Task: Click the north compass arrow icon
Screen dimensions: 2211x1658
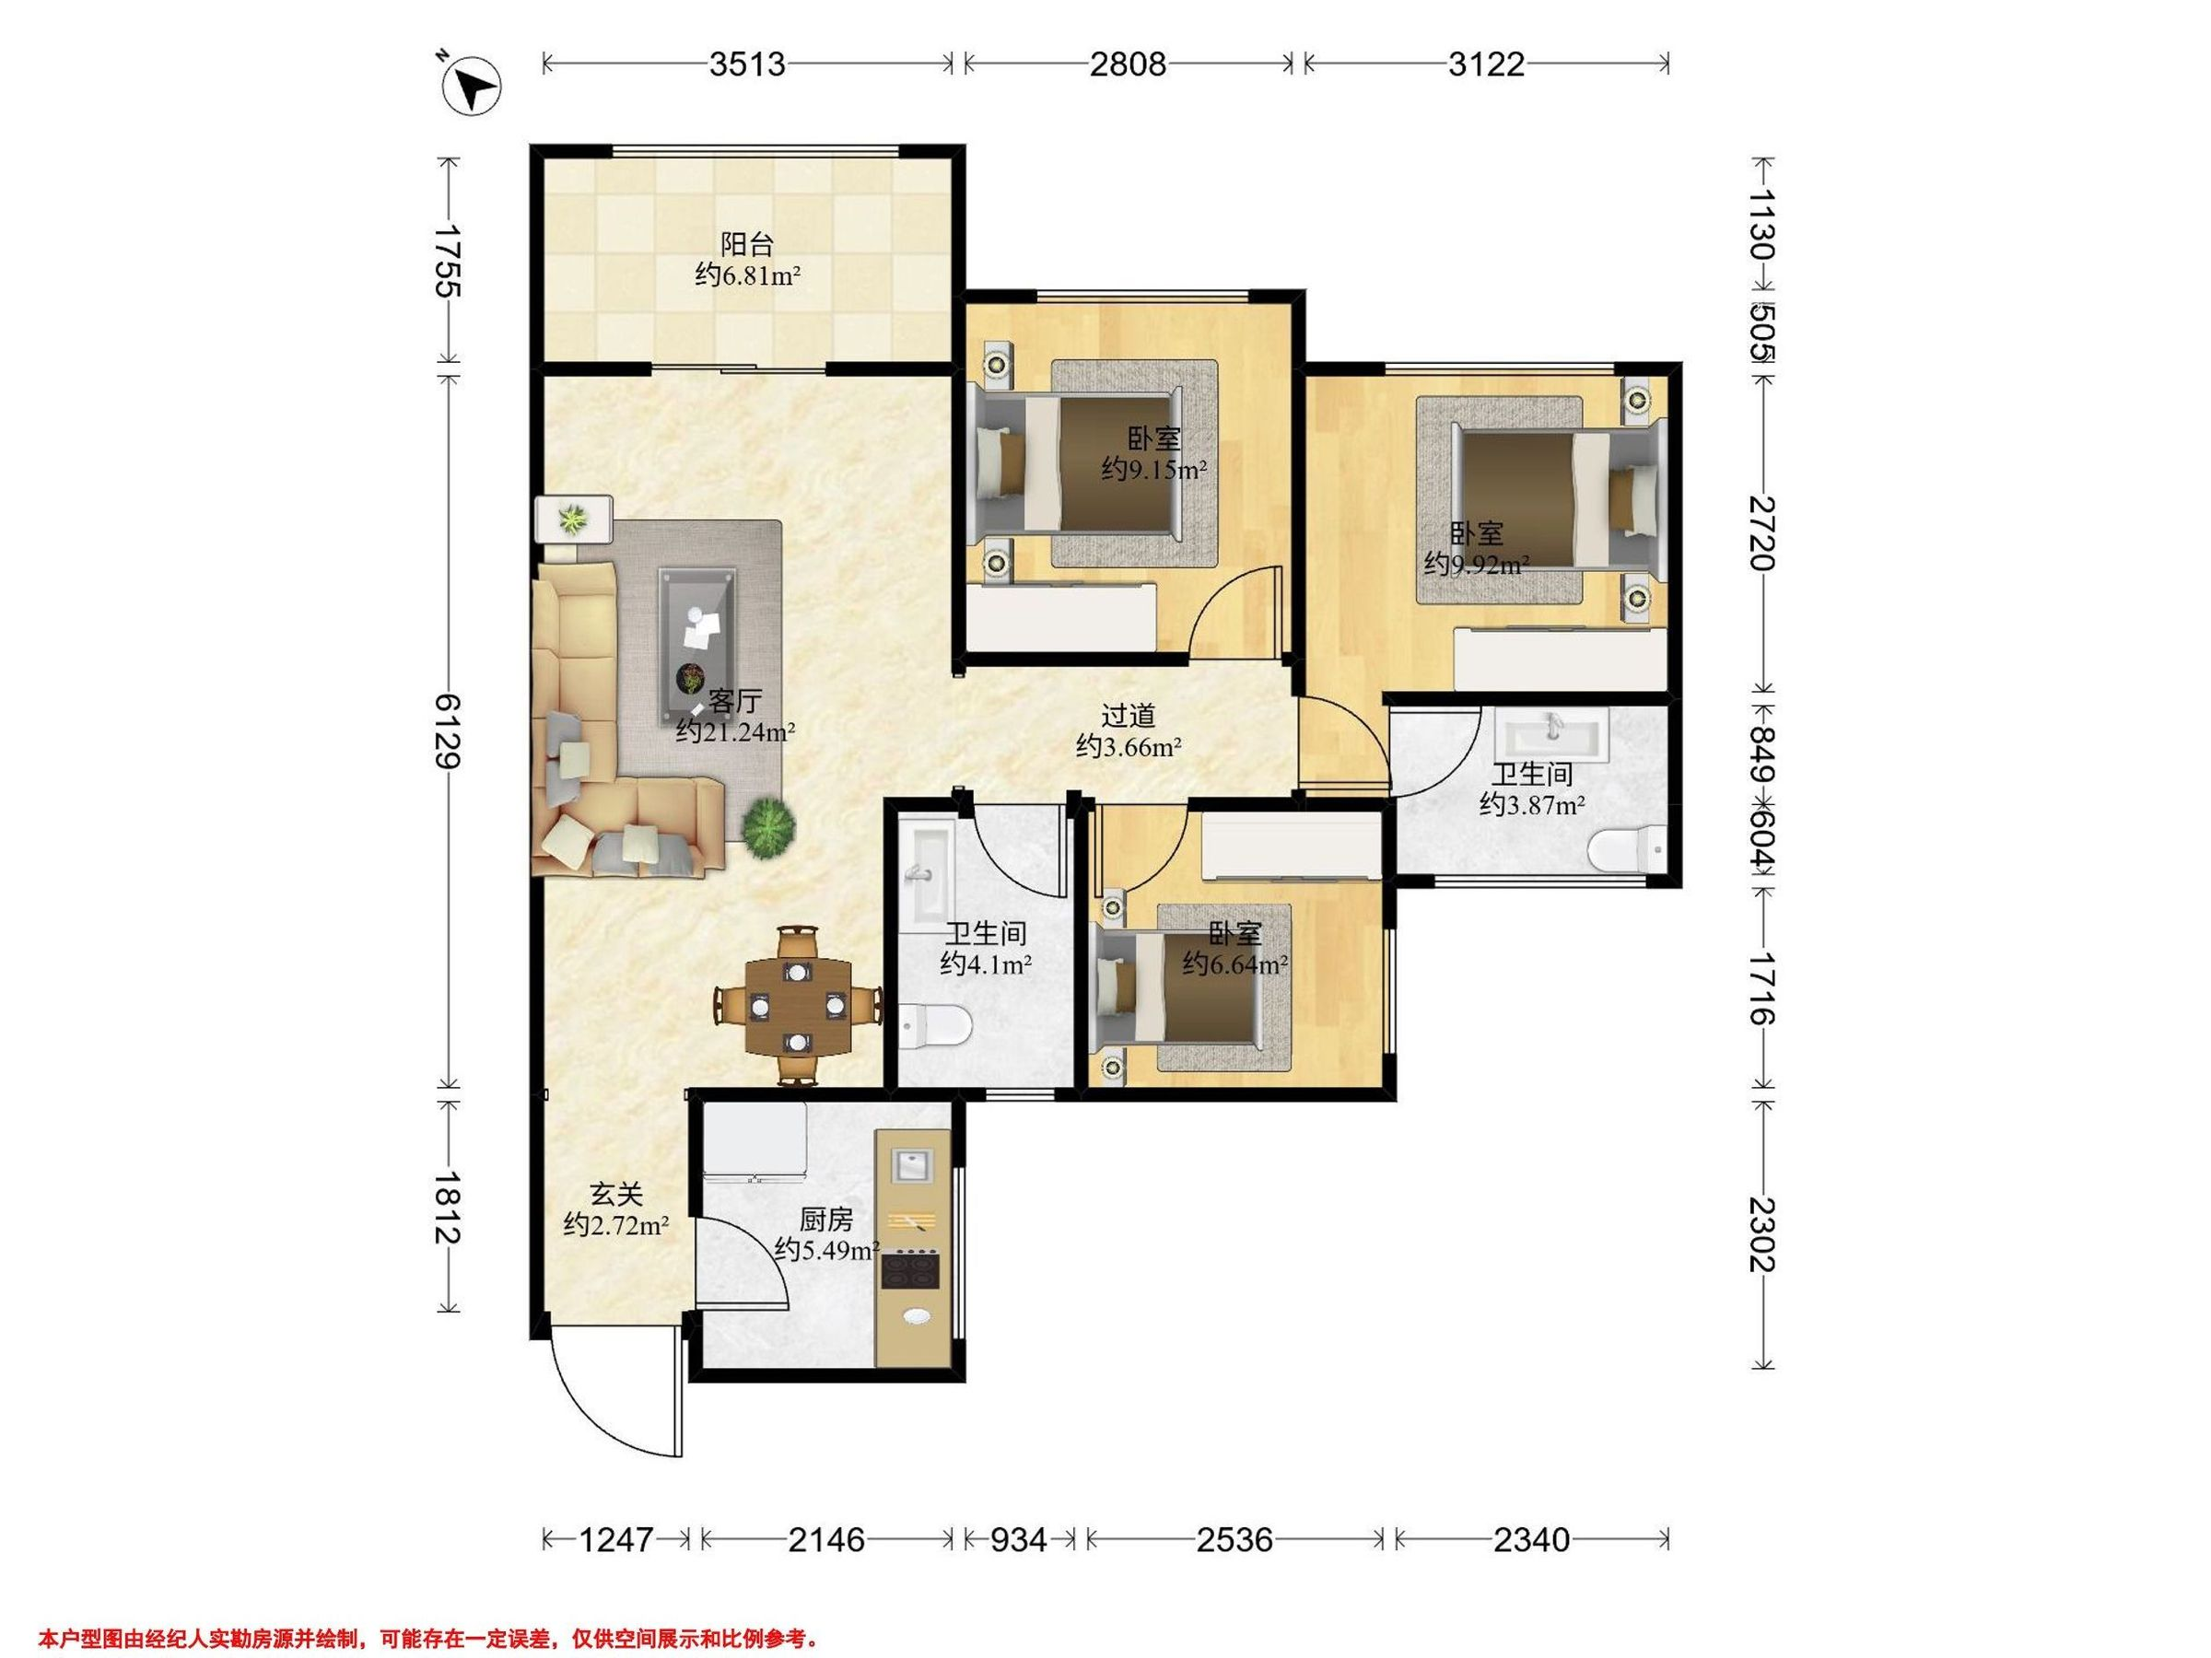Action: point(472,85)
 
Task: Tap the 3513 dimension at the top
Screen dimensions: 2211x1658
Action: point(748,64)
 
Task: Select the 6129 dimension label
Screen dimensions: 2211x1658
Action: point(449,731)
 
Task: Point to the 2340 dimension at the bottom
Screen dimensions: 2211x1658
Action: point(1531,1540)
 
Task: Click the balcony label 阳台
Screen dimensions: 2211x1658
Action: point(748,244)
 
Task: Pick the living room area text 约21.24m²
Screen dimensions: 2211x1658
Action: point(736,732)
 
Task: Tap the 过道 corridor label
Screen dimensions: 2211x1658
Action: point(1129,716)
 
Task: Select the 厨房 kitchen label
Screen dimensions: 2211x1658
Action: point(826,1220)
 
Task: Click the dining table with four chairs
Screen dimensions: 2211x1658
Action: point(798,1006)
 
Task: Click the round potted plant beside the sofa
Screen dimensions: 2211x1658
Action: point(768,826)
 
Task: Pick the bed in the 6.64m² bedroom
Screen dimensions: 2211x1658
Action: point(1177,987)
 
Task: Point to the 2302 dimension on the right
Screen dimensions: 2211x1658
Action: point(1762,1234)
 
